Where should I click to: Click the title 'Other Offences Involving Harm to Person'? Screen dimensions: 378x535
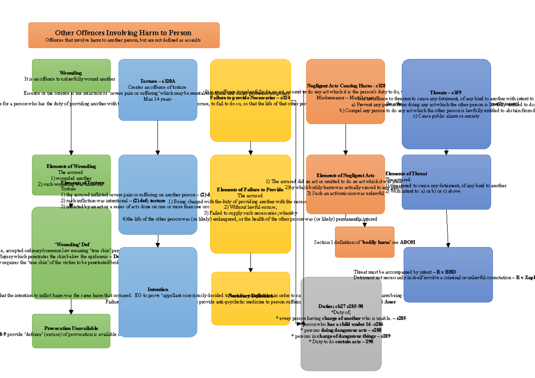point(123,33)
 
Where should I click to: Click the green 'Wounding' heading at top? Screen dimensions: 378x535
point(70,73)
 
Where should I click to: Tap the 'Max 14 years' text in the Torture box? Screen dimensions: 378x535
point(157,99)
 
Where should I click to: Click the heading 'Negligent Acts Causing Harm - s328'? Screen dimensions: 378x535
point(346,86)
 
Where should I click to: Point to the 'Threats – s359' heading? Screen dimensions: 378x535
point(445,92)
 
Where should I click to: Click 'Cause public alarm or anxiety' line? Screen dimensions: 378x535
point(446,116)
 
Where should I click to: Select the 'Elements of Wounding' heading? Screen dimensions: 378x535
point(71,166)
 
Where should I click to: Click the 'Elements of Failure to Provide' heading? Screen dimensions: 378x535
point(250,189)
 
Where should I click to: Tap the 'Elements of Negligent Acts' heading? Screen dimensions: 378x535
point(345,176)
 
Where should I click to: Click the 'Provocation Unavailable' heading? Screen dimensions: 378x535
point(71,328)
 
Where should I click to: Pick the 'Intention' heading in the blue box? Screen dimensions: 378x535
point(158,289)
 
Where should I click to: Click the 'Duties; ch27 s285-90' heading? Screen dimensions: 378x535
point(341,306)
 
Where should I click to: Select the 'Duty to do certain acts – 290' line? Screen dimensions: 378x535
point(341,341)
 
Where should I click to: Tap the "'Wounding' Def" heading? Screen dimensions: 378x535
point(72,244)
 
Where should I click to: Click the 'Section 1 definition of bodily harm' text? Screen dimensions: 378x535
point(365,242)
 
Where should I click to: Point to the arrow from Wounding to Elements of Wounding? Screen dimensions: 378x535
point(71,134)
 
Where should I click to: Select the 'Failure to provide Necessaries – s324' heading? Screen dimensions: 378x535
point(250,97)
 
